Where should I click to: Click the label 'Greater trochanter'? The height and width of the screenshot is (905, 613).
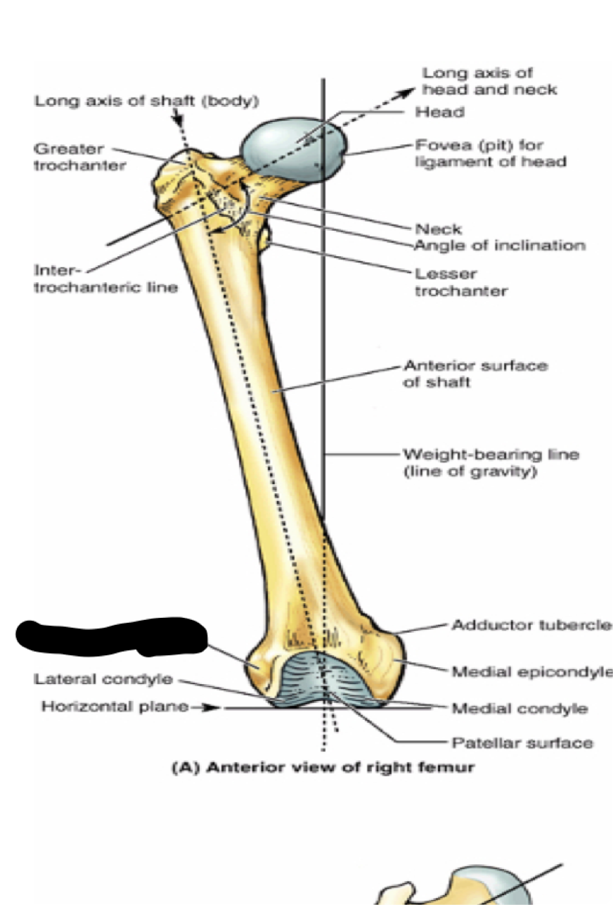point(79,158)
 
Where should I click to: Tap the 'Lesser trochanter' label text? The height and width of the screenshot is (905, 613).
point(460,281)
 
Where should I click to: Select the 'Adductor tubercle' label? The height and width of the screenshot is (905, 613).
point(531,625)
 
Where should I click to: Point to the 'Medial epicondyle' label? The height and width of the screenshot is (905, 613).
point(531,672)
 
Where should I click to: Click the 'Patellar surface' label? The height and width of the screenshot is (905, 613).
point(522,742)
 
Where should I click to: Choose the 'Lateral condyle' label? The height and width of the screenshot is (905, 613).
point(103,679)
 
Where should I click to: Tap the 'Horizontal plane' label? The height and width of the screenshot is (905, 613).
point(115,706)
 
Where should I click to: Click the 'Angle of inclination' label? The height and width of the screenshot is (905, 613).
point(499,246)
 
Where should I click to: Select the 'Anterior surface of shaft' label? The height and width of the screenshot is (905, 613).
point(475,374)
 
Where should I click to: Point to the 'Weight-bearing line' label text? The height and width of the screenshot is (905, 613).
point(491,462)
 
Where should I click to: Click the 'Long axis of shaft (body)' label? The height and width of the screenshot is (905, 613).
point(148,101)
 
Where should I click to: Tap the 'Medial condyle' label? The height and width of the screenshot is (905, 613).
point(519,708)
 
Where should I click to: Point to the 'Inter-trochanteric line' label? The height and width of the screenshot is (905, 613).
point(105,279)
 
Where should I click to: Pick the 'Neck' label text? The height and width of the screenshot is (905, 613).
point(438,229)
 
